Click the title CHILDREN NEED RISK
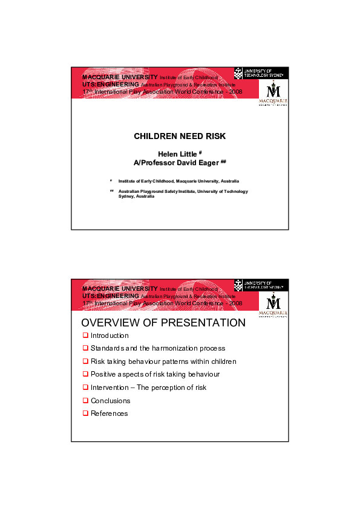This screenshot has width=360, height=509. (x=180, y=137)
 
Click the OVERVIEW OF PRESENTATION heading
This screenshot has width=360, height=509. (x=163, y=323)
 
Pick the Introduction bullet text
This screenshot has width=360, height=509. (x=110, y=336)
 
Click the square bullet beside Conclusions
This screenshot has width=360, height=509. (x=85, y=401)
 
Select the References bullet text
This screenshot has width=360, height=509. (x=109, y=413)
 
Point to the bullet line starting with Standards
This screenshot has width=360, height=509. (x=157, y=348)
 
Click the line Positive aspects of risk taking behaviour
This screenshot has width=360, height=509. (x=155, y=374)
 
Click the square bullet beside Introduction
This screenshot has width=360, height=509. (x=85, y=336)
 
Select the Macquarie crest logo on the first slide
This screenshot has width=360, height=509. (x=273, y=93)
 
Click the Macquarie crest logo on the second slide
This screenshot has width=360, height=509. (x=273, y=305)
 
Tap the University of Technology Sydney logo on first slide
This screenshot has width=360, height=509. (x=266, y=73)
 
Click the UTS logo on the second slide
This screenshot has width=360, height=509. (x=266, y=284)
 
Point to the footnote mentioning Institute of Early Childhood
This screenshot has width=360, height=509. (x=178, y=181)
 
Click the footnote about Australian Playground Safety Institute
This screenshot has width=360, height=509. (x=183, y=193)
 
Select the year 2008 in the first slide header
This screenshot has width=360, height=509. (x=235, y=91)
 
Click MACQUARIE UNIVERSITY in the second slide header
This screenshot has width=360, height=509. (x=119, y=289)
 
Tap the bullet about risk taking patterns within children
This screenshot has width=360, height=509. (x=163, y=361)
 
